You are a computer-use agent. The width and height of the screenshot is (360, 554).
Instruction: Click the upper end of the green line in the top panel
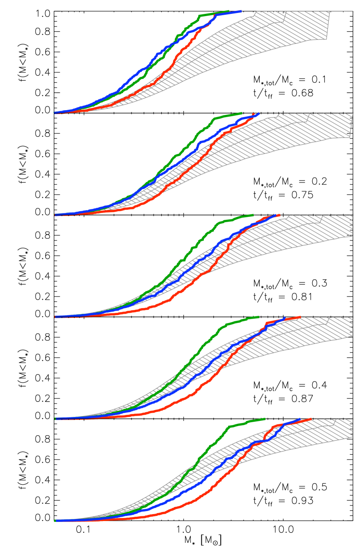(229, 11)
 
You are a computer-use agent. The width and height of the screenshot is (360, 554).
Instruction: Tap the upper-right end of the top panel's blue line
(241, 11)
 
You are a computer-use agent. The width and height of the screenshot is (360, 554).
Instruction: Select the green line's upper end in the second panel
(242, 113)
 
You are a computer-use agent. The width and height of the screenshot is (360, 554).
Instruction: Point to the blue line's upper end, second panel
(259, 113)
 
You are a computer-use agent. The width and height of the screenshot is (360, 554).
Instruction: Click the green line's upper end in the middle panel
(253, 215)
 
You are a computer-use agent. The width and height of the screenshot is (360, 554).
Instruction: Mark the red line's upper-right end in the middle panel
(279, 215)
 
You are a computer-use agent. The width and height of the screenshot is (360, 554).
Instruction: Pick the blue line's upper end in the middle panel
(276, 215)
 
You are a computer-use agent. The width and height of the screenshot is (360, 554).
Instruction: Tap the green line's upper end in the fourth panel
(259, 317)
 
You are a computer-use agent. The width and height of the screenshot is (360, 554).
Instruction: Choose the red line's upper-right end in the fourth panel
(300, 317)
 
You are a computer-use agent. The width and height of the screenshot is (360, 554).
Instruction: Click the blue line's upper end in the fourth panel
(285, 317)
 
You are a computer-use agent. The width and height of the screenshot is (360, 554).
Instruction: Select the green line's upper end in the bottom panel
(265, 419)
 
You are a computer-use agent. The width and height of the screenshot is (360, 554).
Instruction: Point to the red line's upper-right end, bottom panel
(311, 419)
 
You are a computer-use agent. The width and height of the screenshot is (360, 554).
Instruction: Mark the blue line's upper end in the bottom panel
(300, 419)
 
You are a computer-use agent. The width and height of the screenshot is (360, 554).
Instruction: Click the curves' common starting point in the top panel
(54, 113)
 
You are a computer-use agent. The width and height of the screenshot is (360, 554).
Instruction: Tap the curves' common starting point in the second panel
(55, 215)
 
